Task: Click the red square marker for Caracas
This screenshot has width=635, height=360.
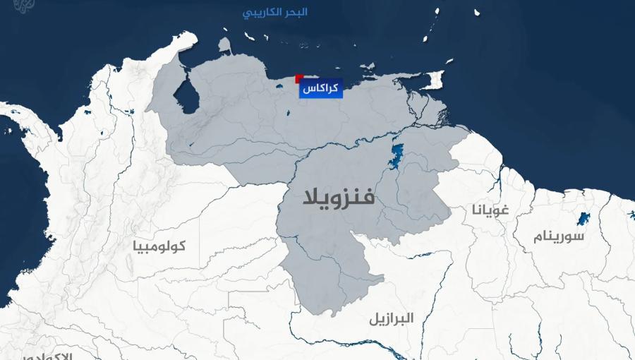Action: [x=299, y=79]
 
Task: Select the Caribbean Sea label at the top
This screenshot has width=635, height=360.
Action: [x=272, y=13]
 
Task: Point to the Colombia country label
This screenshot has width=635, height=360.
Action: [x=159, y=246]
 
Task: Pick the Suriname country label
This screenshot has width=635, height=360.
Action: [x=559, y=236]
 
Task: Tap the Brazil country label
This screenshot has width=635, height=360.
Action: [x=391, y=318]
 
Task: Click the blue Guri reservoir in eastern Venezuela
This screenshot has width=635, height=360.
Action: [x=396, y=156]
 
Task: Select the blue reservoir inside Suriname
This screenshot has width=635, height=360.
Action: [x=583, y=218]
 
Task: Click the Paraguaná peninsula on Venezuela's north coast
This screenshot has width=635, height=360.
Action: [x=224, y=46]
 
